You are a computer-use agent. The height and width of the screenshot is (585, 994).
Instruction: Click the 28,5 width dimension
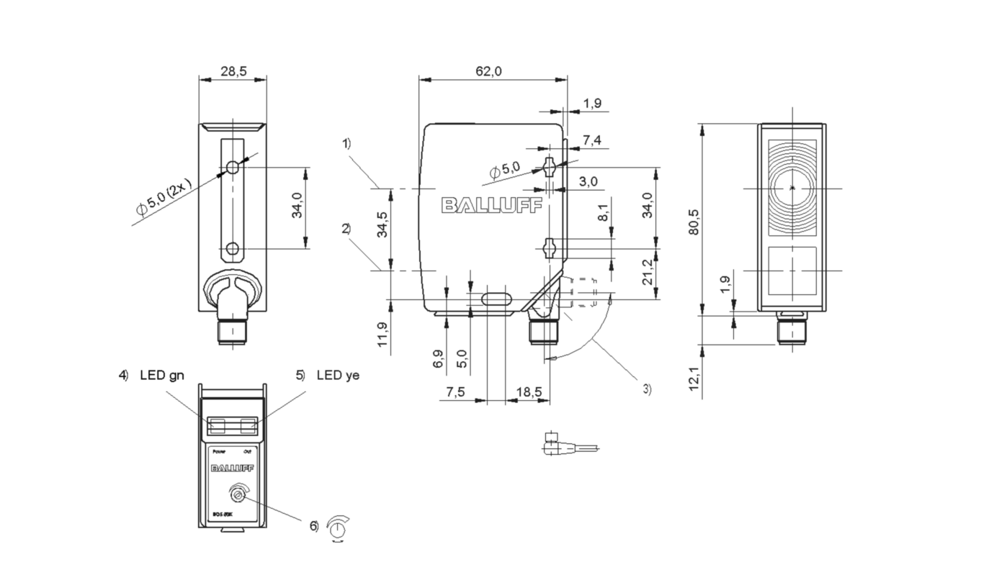pos(233,71)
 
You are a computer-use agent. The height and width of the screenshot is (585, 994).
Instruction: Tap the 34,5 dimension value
pos(383,225)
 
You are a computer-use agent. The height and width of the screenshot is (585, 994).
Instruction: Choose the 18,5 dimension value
pos(529,391)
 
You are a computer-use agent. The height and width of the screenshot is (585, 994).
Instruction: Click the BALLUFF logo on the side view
pos(492,207)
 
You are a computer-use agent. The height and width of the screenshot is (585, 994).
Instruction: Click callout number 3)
pos(647,389)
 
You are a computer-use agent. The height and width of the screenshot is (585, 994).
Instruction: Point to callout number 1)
pos(346,143)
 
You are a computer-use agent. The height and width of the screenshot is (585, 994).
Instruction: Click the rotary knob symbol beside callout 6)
pos(336,527)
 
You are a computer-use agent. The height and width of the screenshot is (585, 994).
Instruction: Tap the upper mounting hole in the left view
pos(232,168)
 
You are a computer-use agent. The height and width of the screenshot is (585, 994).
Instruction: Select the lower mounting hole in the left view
pos(232,249)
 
